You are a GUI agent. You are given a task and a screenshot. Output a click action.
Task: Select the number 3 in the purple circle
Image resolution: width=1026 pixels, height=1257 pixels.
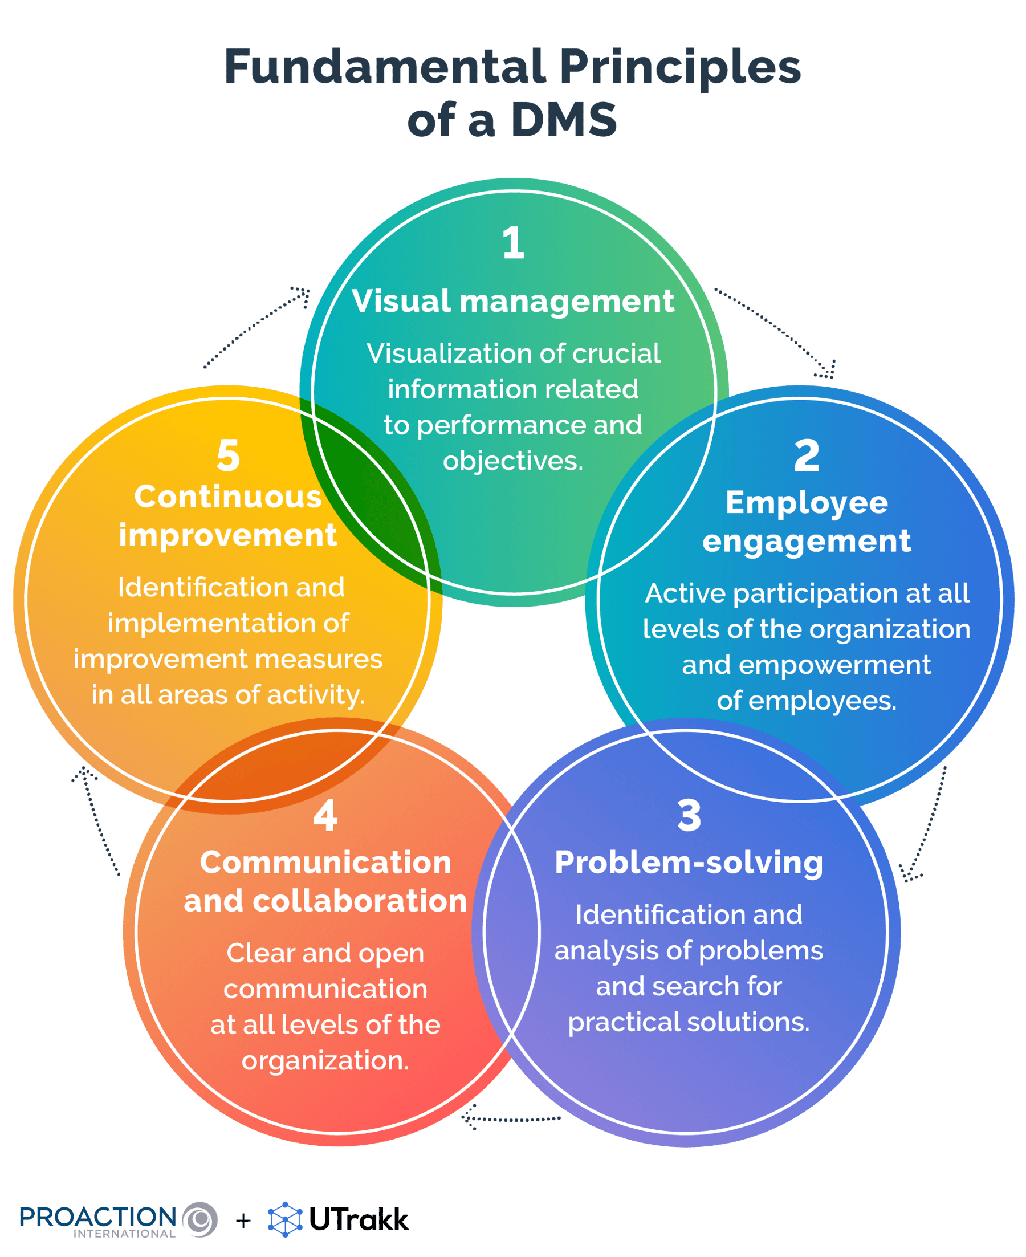click(689, 816)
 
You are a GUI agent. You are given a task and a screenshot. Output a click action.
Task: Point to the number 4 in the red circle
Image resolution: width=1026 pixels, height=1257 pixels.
click(325, 816)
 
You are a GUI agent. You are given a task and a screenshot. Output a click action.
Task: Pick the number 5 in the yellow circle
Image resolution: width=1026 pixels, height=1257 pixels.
click(228, 455)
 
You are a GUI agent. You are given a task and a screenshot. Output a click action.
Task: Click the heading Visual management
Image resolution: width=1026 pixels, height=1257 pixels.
click(513, 301)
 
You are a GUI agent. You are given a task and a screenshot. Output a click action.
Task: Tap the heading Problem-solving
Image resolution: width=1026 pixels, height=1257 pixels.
click(689, 863)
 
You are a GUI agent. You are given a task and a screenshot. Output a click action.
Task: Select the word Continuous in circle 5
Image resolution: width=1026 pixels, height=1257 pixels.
click(228, 497)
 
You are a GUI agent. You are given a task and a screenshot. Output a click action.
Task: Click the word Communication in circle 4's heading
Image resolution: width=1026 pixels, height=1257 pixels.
click(325, 863)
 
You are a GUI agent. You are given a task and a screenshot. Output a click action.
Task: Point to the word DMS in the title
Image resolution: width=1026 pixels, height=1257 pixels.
click(564, 120)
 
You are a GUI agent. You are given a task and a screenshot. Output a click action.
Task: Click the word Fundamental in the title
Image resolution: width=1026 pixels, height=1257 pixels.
click(385, 67)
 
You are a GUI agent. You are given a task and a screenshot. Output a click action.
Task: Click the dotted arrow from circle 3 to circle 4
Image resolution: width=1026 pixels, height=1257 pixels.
click(512, 1118)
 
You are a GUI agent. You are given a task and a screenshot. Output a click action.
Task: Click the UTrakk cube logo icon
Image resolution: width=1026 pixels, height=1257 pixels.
click(286, 1220)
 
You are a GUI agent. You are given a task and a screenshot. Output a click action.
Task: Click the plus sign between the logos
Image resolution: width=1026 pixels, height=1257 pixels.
click(243, 1221)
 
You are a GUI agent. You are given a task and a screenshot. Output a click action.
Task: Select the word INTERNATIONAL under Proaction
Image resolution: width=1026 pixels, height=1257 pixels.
click(124, 1234)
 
